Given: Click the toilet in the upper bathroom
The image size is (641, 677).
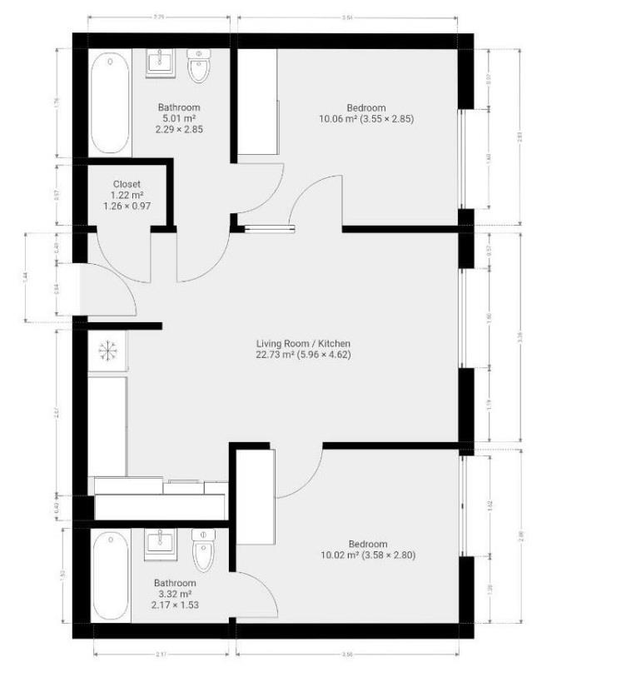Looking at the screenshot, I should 198,67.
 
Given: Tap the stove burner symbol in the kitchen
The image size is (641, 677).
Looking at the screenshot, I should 107,352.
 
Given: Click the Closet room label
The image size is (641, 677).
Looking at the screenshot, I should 127,184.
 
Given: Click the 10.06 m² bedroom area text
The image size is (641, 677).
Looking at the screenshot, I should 333,119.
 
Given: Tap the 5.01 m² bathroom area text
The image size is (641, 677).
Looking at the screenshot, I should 179,118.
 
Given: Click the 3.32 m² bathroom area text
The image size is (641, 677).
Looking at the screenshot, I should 175,594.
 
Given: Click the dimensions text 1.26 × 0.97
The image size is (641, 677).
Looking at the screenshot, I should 127,206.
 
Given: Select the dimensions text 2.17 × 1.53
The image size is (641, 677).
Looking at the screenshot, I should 175,605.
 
